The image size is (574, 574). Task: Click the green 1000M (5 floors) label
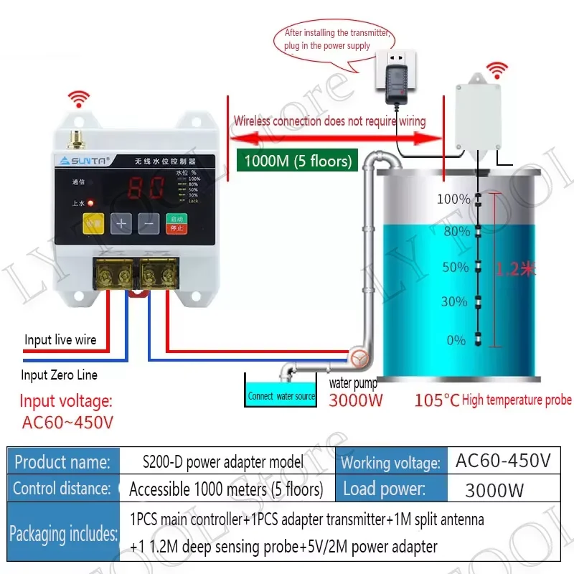298,161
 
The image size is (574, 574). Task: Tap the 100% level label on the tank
453,199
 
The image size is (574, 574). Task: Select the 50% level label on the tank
455,268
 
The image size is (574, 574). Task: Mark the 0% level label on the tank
456,340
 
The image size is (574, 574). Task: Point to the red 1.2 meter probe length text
516,269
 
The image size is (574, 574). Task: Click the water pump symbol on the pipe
357,357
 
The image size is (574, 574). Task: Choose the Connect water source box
281,395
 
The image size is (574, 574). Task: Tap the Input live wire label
60,339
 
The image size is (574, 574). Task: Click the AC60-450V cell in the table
503,461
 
